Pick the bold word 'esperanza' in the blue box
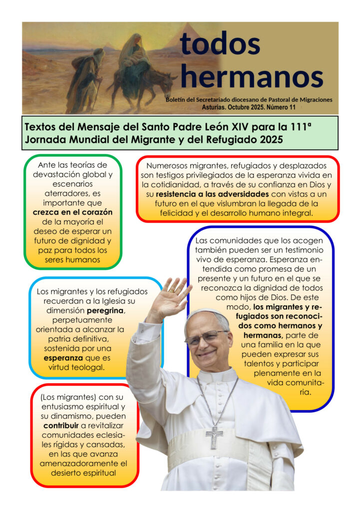click(x=63, y=358)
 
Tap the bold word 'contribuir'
click(x=62, y=425)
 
